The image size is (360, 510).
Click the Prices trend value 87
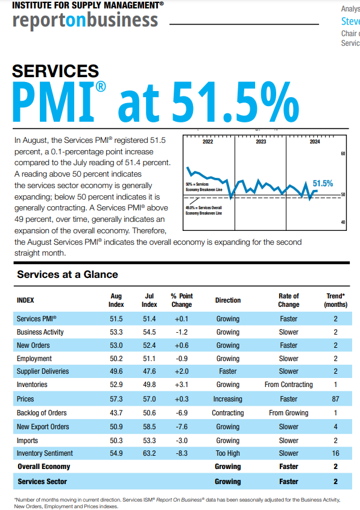click(335, 399)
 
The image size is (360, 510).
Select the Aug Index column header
click(116, 300)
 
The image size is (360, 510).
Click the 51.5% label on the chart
click(323, 183)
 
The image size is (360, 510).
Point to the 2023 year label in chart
click(261, 142)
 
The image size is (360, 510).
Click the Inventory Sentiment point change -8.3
click(182, 453)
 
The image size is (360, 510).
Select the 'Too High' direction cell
click(227, 453)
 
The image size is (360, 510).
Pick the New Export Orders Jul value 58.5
click(149, 427)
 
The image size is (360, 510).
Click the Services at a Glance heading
click(68, 275)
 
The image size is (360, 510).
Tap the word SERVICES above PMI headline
click(55, 71)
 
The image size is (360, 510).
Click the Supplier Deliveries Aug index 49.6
click(116, 371)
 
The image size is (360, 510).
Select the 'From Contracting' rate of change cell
click(288, 385)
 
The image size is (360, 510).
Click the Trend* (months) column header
click(335, 300)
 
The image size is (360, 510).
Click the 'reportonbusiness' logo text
click(85, 21)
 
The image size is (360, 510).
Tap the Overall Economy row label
click(43, 467)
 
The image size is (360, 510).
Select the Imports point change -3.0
click(182, 440)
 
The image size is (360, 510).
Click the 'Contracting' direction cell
click(227, 413)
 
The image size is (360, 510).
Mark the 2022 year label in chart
click(207, 142)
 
